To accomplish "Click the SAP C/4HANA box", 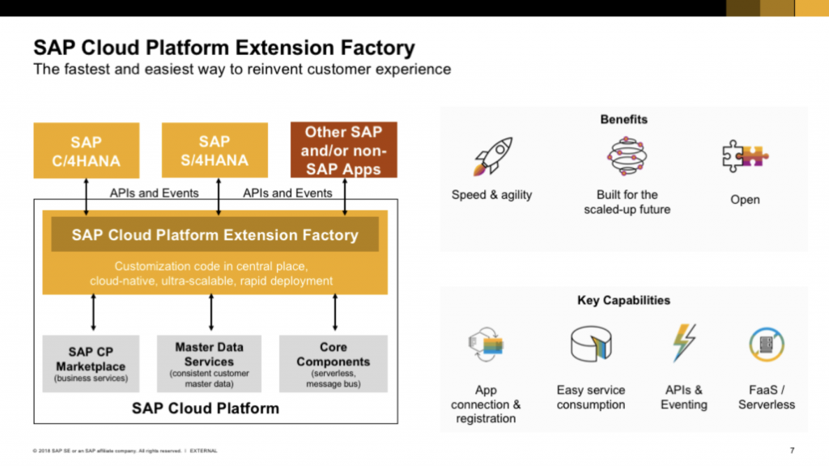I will pos(86,150).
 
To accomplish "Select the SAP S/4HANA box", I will pos(215,150).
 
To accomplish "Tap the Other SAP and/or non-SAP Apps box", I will pos(344,150).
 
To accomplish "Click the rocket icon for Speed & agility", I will pos(491,156).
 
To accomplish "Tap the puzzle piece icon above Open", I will pos(745,155).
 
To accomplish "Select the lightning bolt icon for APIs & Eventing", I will pos(684,343).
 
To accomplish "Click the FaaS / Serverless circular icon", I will pos(766,344).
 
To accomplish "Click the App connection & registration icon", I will pos(487,345).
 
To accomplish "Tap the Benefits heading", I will pos(623,119).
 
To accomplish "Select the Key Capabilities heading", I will pos(623,300).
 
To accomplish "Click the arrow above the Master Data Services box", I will pos(211,312).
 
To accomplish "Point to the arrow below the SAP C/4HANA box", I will pos(86,197).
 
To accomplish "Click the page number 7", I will pos(791,450).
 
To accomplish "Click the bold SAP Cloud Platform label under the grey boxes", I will pos(206,409).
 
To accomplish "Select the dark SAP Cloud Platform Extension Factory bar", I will pos(215,235).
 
